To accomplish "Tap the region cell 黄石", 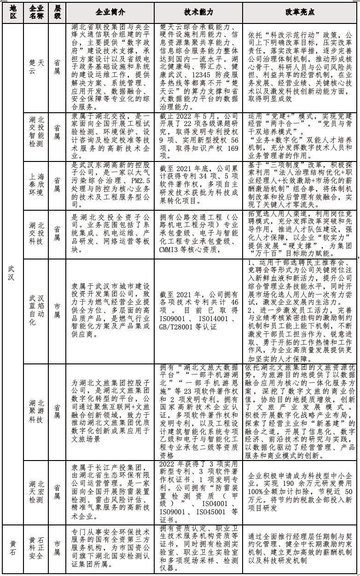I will (x=13, y=547).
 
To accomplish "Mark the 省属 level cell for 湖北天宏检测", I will (x=57, y=491).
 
